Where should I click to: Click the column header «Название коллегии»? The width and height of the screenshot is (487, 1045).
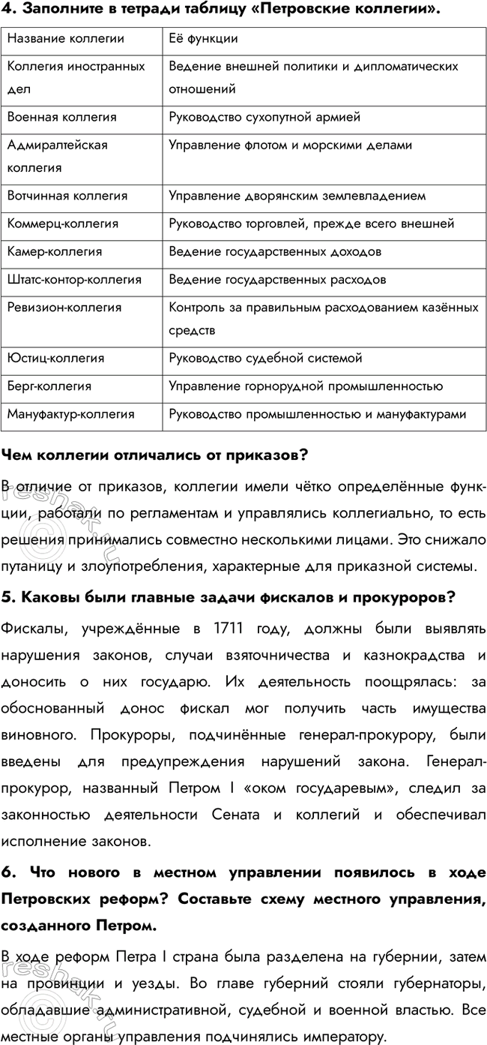point(66,38)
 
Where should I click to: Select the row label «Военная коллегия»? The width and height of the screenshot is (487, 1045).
point(61,117)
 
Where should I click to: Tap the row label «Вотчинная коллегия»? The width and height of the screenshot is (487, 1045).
point(67,196)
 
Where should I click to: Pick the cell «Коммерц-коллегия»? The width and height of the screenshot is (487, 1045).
point(63,224)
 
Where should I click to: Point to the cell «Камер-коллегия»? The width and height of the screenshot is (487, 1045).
point(55,251)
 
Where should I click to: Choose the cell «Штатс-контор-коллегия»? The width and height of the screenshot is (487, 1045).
point(74,280)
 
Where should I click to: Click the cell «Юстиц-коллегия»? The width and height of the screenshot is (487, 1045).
point(55,358)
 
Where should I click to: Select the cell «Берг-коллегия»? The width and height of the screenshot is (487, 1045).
point(49,386)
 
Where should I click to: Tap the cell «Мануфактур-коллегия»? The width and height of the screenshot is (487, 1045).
point(71,414)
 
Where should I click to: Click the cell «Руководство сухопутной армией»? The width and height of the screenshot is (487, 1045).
point(265,117)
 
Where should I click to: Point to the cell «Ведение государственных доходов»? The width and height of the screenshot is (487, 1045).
point(275,251)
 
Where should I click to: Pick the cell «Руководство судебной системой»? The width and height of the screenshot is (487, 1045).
point(266,358)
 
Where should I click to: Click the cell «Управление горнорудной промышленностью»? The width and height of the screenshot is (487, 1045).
point(306,386)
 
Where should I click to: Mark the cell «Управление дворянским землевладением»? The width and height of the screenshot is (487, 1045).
point(297,196)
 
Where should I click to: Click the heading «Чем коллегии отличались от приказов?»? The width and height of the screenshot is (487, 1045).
point(156,455)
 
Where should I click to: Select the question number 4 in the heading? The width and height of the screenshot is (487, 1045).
point(8,9)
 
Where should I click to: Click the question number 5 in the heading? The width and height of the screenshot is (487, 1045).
point(8,576)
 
